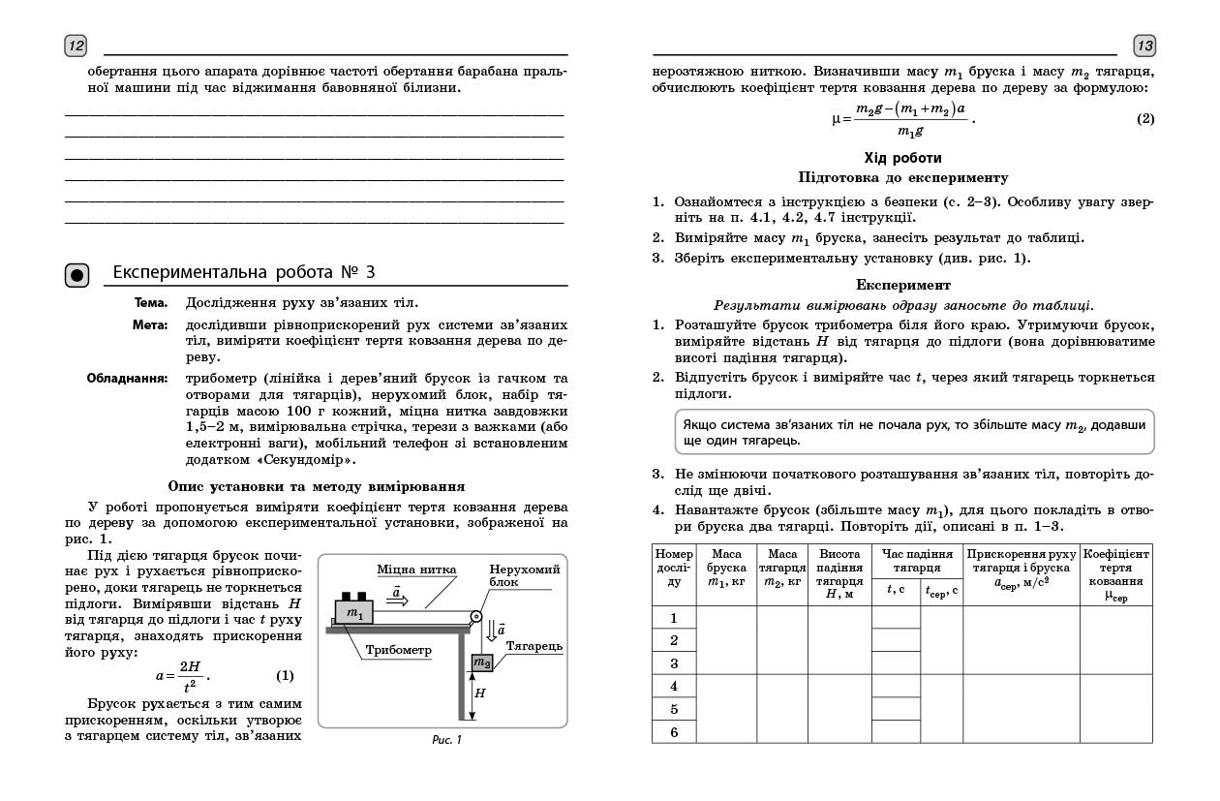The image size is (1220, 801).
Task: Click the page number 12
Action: [76, 46]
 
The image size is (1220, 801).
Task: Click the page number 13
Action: [1144, 46]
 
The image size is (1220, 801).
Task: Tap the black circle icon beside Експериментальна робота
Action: [77, 275]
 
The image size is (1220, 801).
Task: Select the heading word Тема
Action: [151, 302]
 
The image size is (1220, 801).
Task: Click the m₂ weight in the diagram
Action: [481, 663]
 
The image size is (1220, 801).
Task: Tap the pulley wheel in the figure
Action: [475, 617]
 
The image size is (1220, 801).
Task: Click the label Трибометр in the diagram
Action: [398, 651]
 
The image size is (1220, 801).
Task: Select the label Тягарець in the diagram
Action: [534, 645]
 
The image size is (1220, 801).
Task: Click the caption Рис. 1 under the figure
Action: [446, 741]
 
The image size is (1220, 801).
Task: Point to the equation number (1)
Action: [285, 676]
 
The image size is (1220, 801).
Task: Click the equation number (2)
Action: [1145, 119]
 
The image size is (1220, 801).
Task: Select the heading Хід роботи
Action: [902, 158]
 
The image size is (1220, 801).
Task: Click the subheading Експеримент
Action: [903, 285]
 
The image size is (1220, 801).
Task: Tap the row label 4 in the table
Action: [674, 687]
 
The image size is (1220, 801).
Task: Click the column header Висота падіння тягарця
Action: [839, 574]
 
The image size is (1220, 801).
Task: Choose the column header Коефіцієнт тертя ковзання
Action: [1115, 574]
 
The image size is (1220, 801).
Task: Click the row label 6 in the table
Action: [674, 732]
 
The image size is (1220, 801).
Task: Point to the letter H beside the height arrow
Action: [480, 693]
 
